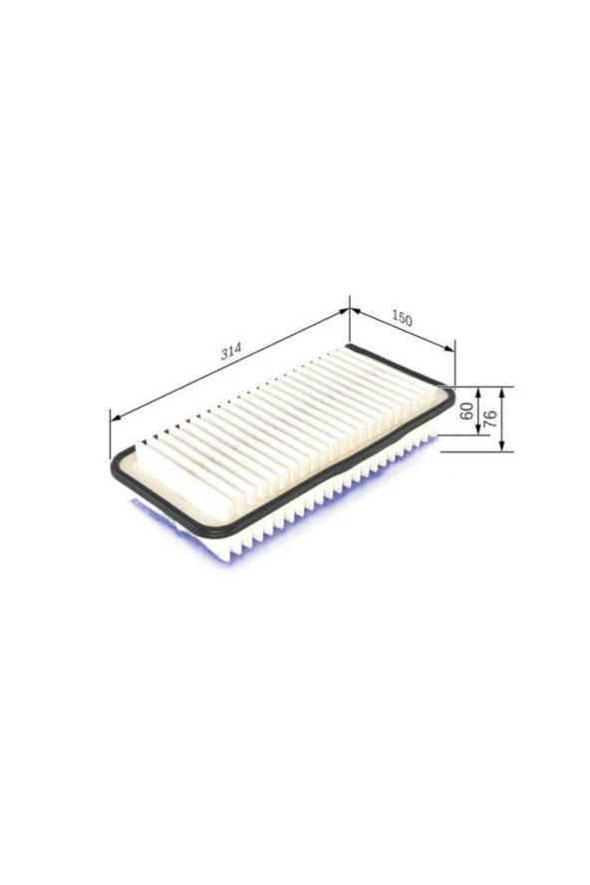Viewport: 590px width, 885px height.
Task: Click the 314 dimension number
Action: click(x=231, y=352)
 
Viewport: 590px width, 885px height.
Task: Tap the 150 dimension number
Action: click(x=402, y=320)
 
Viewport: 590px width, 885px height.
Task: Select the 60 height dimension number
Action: click(x=467, y=411)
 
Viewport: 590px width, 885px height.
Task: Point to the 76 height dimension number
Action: click(x=490, y=419)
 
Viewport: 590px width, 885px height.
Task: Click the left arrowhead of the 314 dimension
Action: click(x=116, y=418)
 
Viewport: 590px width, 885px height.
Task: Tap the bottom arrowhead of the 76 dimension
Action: click(x=501, y=445)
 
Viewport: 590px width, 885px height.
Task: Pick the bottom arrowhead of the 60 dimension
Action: click(x=478, y=430)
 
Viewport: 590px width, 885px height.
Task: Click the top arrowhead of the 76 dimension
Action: click(x=501, y=393)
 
